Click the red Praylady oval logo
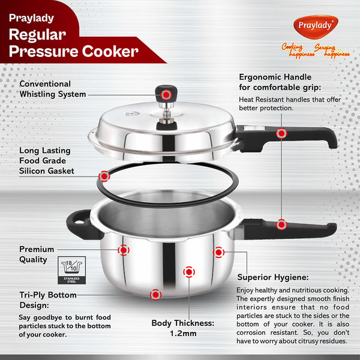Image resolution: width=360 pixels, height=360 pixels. coord(316,26)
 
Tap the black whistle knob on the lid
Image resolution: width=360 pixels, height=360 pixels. coord(166,94)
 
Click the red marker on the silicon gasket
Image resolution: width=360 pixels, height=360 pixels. coord(104,176)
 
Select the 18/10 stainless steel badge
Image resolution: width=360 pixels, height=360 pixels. coord(71,270)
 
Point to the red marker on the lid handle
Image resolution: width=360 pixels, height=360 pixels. coord(281,133)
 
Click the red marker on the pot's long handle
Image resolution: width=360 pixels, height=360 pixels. coord(281,224)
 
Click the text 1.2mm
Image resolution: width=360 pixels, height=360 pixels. coord(183,334)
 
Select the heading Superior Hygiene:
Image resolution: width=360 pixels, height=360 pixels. coord(273,277)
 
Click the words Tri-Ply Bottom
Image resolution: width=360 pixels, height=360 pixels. coord(48,295)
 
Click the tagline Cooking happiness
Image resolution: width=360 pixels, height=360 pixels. coord(297,50)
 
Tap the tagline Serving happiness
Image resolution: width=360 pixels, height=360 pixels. coord(332,50)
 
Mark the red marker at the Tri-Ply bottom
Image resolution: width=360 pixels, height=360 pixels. coord(155,295)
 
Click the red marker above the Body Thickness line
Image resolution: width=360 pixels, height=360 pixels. coord(189,272)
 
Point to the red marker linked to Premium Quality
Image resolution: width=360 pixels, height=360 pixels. coord(124,250)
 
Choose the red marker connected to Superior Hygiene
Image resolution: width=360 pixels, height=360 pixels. coord(218,253)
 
